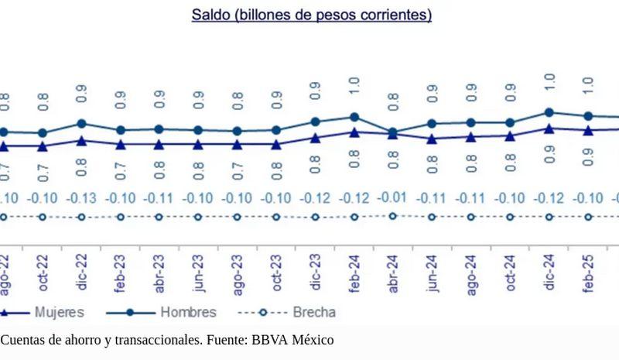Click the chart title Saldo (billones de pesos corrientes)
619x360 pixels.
click(x=311, y=15)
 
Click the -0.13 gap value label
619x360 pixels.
click(x=81, y=198)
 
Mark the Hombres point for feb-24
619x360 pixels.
click(x=354, y=117)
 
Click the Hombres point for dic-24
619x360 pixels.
click(x=549, y=112)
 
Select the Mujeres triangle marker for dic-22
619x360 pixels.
click(x=81, y=141)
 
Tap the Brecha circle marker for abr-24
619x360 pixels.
click(x=394, y=216)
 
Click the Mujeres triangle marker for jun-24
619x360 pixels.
click(x=433, y=139)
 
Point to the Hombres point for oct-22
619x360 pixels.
click(x=43, y=133)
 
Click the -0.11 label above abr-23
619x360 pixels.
click(x=159, y=198)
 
